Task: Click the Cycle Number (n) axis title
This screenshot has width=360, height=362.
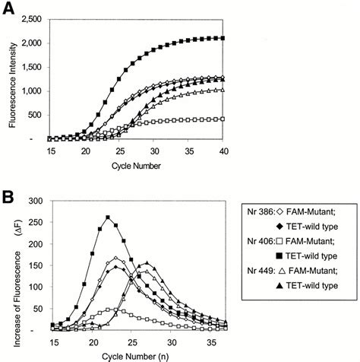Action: tap(138, 353)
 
